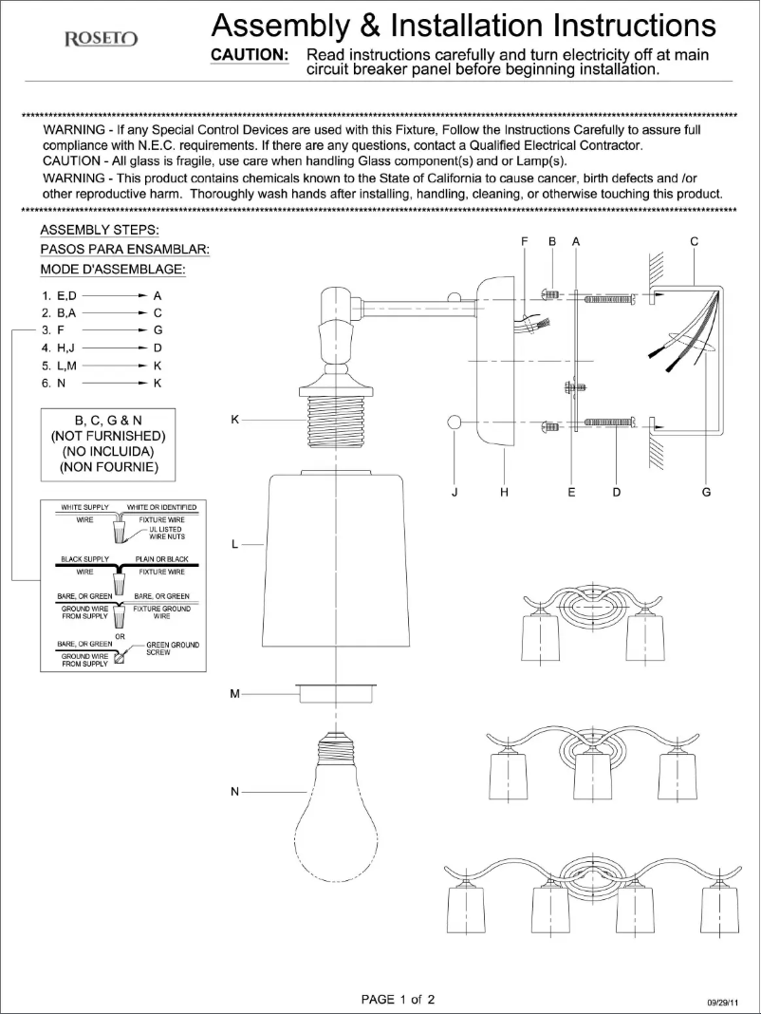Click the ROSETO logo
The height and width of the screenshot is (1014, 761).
[x=101, y=39]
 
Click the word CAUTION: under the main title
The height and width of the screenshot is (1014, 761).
[x=250, y=55]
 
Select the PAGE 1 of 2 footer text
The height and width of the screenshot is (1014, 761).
[x=399, y=999]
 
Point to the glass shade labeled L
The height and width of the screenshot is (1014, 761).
[x=338, y=560]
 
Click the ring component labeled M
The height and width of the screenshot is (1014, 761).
[x=339, y=694]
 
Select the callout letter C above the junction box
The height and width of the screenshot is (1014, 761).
[x=695, y=242]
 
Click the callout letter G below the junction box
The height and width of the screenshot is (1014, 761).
[x=706, y=492]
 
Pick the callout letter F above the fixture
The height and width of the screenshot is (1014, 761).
[x=524, y=242]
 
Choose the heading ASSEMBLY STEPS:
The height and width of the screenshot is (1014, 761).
[x=100, y=231]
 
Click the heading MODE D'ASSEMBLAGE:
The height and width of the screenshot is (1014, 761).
[x=112, y=269]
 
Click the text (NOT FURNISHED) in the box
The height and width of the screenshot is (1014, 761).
[x=107, y=436]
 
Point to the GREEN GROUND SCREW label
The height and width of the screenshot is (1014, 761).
[x=172, y=648]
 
